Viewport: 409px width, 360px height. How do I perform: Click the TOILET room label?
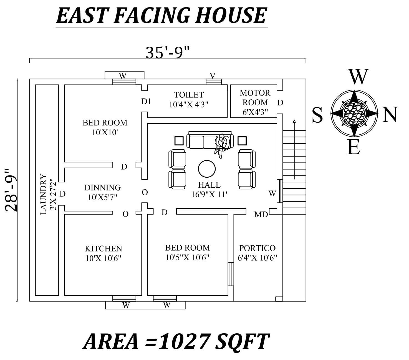(189, 95)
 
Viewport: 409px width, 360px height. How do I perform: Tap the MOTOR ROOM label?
(255, 97)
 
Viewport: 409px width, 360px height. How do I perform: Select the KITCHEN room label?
(103, 248)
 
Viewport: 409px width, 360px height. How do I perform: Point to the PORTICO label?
(257, 248)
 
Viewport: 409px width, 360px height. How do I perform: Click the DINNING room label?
(103, 188)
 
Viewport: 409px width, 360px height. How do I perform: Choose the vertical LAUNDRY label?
(43, 194)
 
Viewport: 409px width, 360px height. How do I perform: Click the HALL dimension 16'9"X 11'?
(209, 195)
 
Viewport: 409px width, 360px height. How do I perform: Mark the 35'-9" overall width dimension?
(168, 52)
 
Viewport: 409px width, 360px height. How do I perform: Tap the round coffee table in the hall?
(207, 169)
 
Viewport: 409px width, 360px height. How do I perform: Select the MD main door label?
(261, 214)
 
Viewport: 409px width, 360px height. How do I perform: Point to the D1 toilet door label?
(146, 102)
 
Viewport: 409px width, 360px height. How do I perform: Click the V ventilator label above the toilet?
(213, 76)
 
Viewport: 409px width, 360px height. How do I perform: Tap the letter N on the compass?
(390, 114)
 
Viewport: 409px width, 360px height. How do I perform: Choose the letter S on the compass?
(317, 115)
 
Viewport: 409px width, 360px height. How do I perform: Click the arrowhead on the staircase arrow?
(294, 121)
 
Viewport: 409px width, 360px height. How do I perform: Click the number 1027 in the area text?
(183, 341)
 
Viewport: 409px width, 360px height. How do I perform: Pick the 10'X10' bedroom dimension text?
(105, 133)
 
